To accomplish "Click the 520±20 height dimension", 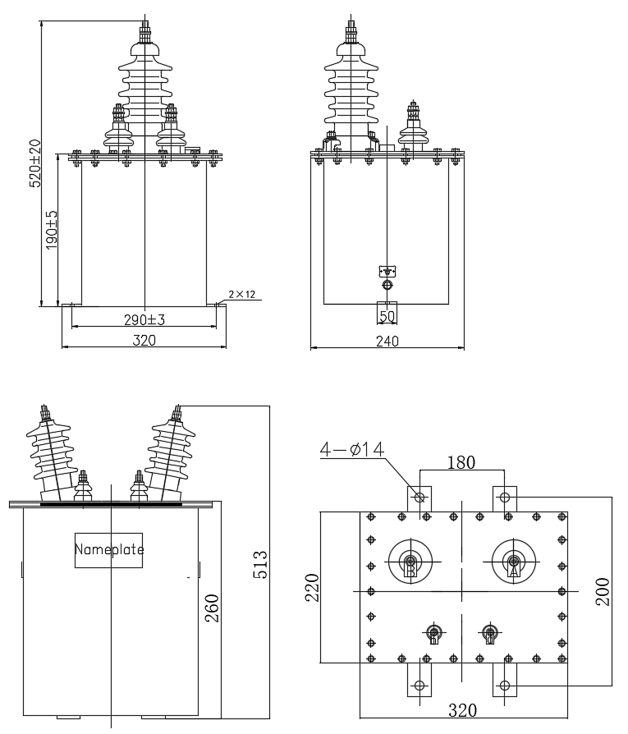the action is pyautogui.click(x=35, y=163).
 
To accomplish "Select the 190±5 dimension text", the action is pyautogui.click(x=52, y=229).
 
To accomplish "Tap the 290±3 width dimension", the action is pyautogui.click(x=144, y=319).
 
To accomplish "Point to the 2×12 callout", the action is pyautogui.click(x=242, y=294).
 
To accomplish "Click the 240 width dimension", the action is pyautogui.click(x=387, y=342).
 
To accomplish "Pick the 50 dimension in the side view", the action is pyautogui.click(x=387, y=316).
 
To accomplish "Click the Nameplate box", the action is pyautogui.click(x=109, y=550).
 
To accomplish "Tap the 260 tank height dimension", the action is pyautogui.click(x=212, y=608).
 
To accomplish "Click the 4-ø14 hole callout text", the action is pyautogui.click(x=352, y=449).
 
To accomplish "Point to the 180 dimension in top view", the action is pyautogui.click(x=461, y=462).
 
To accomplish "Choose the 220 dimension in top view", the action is pyautogui.click(x=312, y=588).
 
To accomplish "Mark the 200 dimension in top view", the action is pyautogui.click(x=603, y=592).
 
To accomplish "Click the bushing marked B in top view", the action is pyautogui.click(x=410, y=562).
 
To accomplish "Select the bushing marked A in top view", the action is pyautogui.click(x=514, y=562).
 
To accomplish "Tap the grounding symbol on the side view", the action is pyautogui.click(x=387, y=271).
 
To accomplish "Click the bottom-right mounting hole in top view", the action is pyautogui.click(x=505, y=686).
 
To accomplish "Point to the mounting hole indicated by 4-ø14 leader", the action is pyautogui.click(x=419, y=497).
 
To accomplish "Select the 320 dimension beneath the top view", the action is pyautogui.click(x=462, y=710).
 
